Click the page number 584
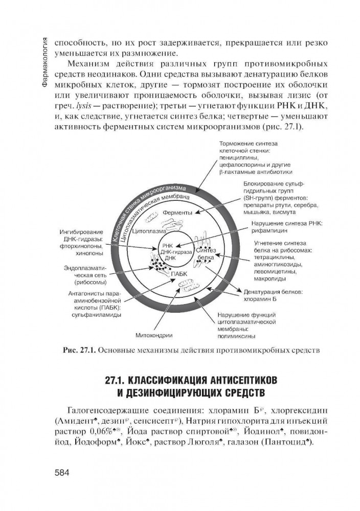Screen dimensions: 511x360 [x=64, y=472]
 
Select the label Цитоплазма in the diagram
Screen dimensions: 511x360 [x=147, y=230]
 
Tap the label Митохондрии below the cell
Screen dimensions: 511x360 [x=153, y=335]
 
